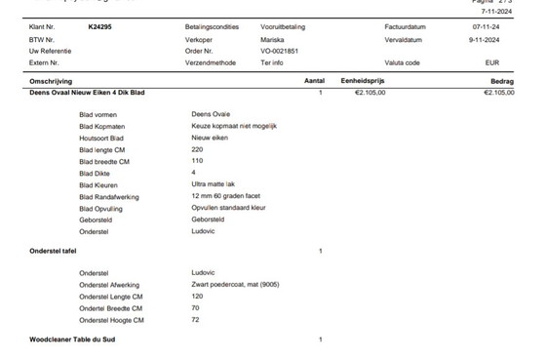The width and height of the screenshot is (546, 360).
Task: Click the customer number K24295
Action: (98, 26)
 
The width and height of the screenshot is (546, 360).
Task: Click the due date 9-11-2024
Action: (486, 38)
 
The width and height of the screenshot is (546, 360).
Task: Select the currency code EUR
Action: (492, 61)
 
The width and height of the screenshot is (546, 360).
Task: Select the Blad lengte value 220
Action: (198, 149)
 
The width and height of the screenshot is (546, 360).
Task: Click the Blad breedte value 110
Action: (198, 161)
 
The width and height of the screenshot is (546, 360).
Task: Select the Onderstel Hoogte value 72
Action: (196, 319)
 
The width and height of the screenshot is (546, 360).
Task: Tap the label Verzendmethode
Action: (212, 61)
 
